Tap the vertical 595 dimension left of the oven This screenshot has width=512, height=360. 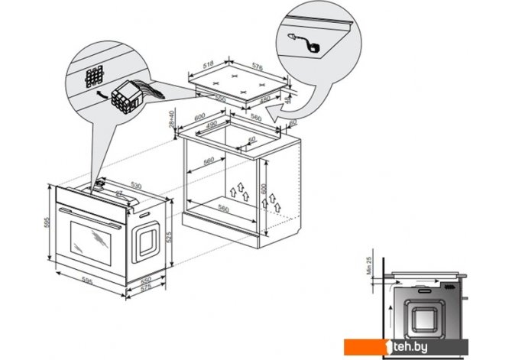(x=45, y=224)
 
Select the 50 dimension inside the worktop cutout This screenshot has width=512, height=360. (x=252, y=140)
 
